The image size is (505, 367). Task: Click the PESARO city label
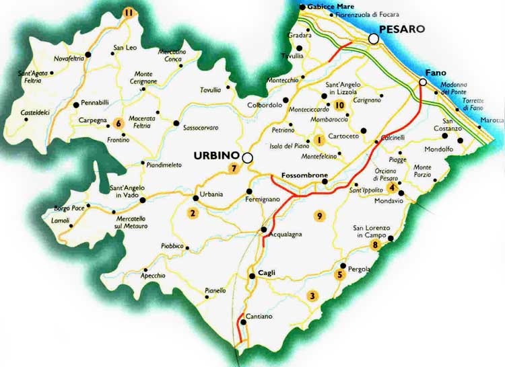[x=402, y=29]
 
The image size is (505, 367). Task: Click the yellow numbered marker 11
[x=129, y=11]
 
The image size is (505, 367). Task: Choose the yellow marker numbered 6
[x=119, y=123]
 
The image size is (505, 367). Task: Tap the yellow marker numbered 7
[x=234, y=168]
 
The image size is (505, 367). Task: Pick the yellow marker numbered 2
[x=193, y=214]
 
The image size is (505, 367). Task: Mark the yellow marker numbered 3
[x=311, y=295]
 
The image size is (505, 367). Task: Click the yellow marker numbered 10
[x=339, y=106]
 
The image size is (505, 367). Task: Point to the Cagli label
[x=267, y=272]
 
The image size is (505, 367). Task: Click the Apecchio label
[x=153, y=276]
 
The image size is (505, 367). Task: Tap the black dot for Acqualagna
[x=264, y=231]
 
